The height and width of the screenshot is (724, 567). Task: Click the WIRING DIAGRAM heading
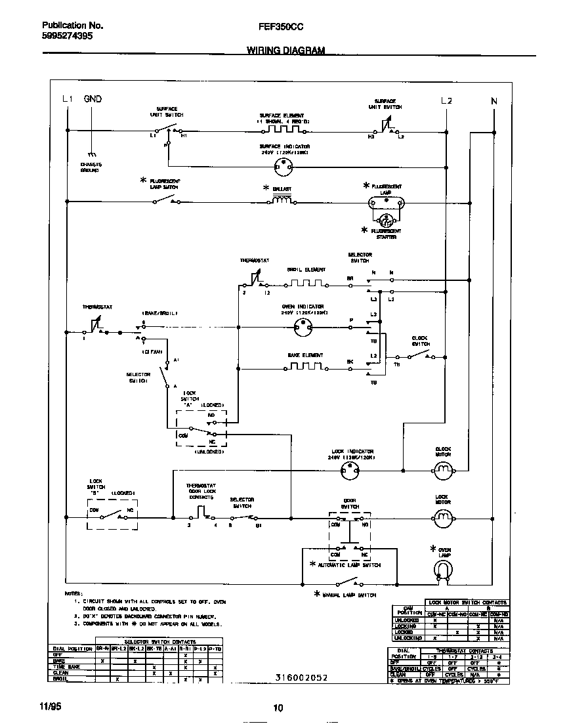[285, 50]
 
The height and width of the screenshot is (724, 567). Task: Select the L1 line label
[66, 100]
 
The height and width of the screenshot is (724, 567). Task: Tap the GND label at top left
[93, 100]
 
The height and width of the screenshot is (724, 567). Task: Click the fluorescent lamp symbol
[387, 206]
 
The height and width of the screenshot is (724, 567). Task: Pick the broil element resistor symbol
[306, 284]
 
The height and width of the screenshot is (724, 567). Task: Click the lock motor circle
[443, 519]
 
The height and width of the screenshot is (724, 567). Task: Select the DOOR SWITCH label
[350, 502]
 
